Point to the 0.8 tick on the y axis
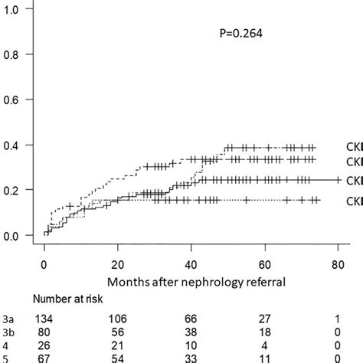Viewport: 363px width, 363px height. pyautogui.click(x=15, y=54)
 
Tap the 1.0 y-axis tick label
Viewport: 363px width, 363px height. pyautogui.click(x=15, y=8)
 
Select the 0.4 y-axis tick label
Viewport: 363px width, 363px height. pyautogui.click(x=15, y=146)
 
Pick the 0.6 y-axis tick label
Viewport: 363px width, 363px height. pyautogui.click(x=15, y=100)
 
